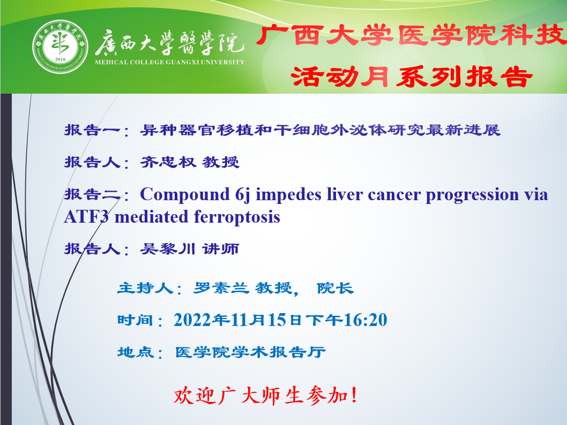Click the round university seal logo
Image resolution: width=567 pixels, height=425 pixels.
tap(60, 47)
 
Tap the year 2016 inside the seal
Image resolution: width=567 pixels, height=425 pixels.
tap(60, 59)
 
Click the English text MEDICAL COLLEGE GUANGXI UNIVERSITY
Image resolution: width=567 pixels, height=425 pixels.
tap(169, 62)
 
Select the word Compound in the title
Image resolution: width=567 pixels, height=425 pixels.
tap(185, 195)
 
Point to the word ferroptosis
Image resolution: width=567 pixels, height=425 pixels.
tap(237, 217)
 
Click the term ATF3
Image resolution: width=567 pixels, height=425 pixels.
tap(86, 217)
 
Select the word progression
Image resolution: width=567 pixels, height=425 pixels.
tap(472, 195)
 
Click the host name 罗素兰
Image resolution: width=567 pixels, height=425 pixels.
tap(221, 288)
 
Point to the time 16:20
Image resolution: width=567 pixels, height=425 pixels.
tap(365, 320)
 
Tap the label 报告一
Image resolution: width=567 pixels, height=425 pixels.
tap(92, 130)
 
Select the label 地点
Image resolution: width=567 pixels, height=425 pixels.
tap(136, 352)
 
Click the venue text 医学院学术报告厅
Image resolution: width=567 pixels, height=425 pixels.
tap(250, 352)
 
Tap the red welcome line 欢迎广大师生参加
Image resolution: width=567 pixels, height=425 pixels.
tap(266, 396)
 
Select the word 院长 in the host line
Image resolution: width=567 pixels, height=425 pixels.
tap(335, 288)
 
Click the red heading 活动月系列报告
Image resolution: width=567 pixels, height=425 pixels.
tap(412, 76)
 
